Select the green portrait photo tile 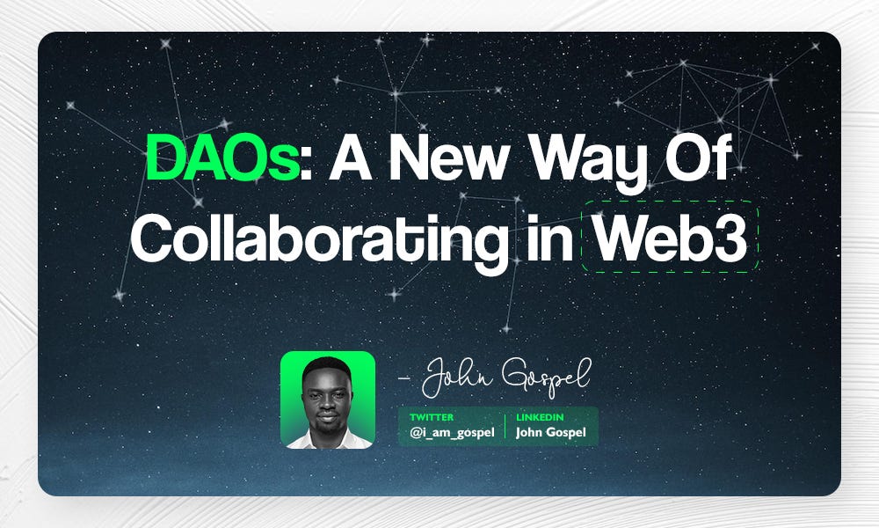point(328,400)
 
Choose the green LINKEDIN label point(540,416)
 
